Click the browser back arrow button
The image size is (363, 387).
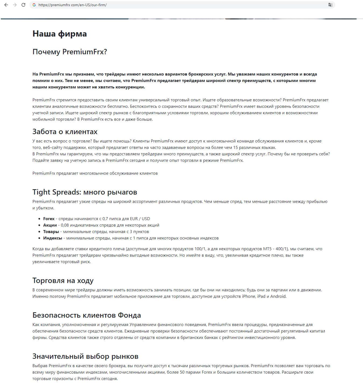[x=6, y=5]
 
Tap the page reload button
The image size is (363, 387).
[x=23, y=5]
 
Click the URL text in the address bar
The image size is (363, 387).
[x=72, y=5]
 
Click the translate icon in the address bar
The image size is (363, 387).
[x=330, y=5]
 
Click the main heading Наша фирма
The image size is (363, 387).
[x=59, y=34]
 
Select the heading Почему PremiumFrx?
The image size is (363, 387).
[x=69, y=52]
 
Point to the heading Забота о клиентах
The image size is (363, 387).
[x=65, y=132]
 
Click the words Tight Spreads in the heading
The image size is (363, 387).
[x=57, y=192]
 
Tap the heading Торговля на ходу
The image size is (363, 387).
[x=63, y=281]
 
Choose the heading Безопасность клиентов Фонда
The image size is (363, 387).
[x=86, y=315]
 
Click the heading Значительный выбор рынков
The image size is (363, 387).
[x=85, y=356]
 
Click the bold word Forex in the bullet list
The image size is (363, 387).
[x=49, y=219]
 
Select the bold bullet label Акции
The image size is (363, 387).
[x=50, y=225]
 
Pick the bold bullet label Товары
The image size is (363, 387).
[x=51, y=232]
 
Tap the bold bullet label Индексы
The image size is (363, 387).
[x=52, y=238]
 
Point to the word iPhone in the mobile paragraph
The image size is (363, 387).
[x=248, y=296]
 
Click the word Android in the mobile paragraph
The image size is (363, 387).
[x=278, y=296]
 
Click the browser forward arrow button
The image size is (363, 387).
[x=15, y=5]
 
